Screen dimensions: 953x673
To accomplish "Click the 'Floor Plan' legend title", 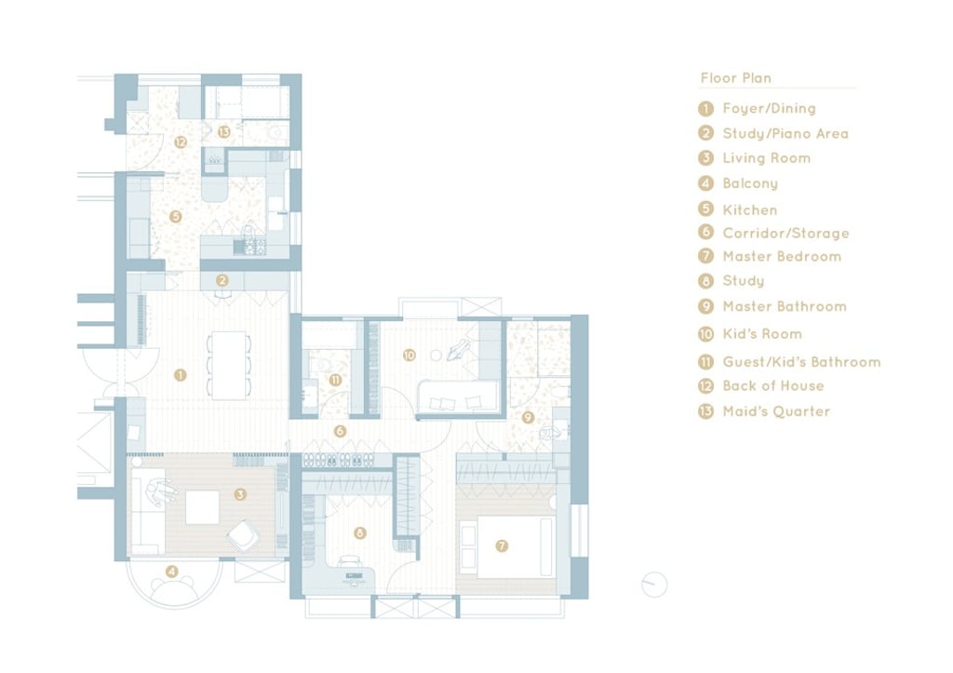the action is coord(735,78).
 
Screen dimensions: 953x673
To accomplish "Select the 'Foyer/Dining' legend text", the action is coord(769,109).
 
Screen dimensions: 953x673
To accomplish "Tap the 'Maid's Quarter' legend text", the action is coord(776,411).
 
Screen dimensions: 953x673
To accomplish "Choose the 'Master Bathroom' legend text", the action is coord(784,306).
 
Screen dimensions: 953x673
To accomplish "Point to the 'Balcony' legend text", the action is coord(750,183).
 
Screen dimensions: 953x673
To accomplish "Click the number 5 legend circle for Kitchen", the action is coord(705,209).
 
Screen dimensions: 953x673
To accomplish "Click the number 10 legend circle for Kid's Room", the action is coord(705,334).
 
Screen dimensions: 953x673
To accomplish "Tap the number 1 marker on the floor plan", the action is coord(180,375).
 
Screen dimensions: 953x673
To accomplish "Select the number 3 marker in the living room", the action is coord(240,494).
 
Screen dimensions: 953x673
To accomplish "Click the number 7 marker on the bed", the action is coord(502,545).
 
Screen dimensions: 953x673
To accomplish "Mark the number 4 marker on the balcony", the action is coord(172,572).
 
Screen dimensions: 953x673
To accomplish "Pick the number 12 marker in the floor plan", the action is coord(181,142).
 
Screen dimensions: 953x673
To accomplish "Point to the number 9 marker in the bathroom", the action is coord(528,418).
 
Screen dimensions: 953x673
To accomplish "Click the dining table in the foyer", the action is coord(229,365).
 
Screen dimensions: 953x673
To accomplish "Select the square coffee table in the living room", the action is coord(202,507).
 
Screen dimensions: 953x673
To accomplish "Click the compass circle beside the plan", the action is coord(654,585).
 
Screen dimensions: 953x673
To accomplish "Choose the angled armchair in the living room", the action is coord(244,535).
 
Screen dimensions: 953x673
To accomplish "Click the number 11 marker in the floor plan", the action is coord(335,380).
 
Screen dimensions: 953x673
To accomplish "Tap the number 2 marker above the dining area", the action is coord(221,280).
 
